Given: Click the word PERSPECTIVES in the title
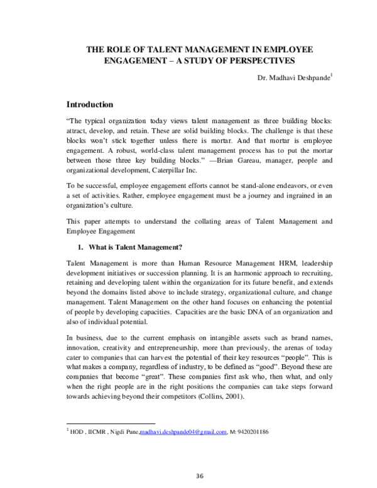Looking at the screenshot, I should point(260,60).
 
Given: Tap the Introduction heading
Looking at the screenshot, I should point(90,104).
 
